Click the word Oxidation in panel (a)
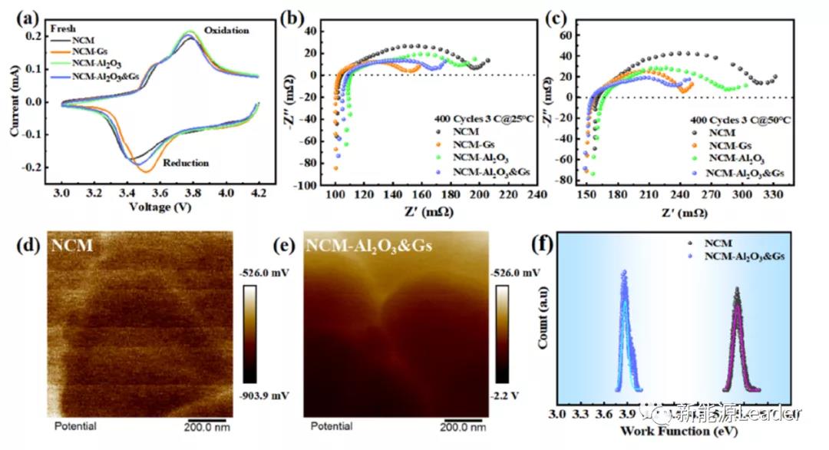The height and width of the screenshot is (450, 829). coord(226,31)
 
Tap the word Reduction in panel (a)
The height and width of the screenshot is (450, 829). coord(185,163)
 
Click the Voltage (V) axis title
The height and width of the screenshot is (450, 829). coord(160,207)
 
